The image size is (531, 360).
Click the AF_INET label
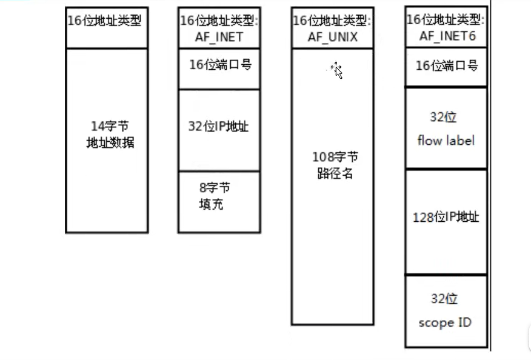[x=219, y=37]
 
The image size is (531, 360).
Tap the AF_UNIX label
[x=332, y=37]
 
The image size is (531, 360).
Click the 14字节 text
[x=110, y=127]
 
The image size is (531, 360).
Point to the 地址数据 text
[x=110, y=144]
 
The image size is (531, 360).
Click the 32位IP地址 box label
[x=219, y=127]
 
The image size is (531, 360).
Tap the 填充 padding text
[x=211, y=204]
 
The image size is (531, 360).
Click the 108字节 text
[x=332, y=158]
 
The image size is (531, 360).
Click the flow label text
[x=446, y=141]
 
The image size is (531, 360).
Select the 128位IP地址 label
[x=446, y=216]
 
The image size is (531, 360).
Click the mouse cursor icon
[x=337, y=70]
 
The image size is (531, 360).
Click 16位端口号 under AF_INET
[x=219, y=65]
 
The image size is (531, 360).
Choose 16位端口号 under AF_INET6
[x=446, y=65]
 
